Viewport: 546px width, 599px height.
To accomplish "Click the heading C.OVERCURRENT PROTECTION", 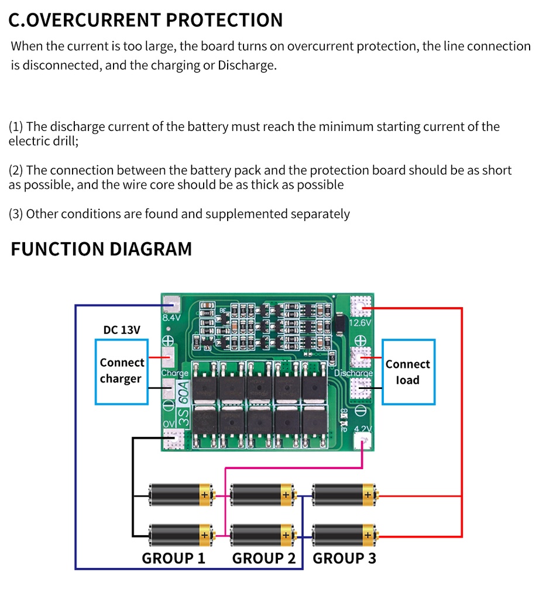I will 146,20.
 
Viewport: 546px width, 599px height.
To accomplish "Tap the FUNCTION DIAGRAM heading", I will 101,249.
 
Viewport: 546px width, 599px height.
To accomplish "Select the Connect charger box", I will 122,371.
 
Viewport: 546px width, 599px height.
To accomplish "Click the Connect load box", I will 408,372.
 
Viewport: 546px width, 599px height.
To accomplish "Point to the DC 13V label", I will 122,330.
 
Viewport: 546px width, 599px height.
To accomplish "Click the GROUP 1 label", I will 173,558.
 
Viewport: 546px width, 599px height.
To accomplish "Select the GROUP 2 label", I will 264,558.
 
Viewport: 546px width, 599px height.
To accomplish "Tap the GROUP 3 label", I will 344,558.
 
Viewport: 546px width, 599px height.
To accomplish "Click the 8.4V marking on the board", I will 171,318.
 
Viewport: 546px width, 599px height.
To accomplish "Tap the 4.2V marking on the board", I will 363,429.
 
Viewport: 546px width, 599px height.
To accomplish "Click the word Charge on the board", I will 174,373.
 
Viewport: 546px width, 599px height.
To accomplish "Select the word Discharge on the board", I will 353,373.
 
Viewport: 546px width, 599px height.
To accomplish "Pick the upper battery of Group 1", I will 181,495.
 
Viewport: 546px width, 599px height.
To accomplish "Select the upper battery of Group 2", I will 263,495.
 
